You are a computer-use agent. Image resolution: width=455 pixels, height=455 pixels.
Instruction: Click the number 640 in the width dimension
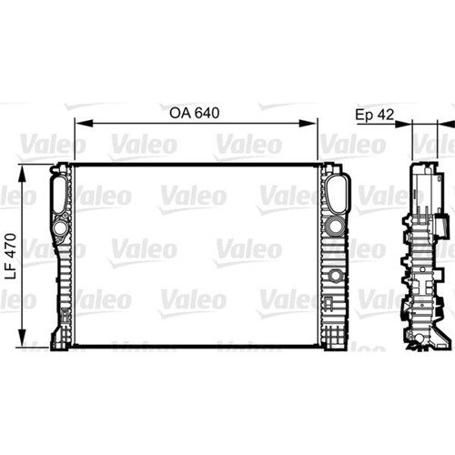(207, 113)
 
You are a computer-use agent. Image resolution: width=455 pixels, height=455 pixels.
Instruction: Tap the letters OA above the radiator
(180, 113)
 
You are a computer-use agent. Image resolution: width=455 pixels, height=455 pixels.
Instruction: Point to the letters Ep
(365, 116)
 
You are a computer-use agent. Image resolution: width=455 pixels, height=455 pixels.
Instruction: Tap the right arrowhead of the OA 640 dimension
(308, 124)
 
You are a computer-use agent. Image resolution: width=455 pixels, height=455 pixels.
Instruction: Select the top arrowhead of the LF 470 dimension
(22, 174)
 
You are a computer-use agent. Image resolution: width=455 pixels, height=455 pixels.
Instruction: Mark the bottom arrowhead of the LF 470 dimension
(22, 338)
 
